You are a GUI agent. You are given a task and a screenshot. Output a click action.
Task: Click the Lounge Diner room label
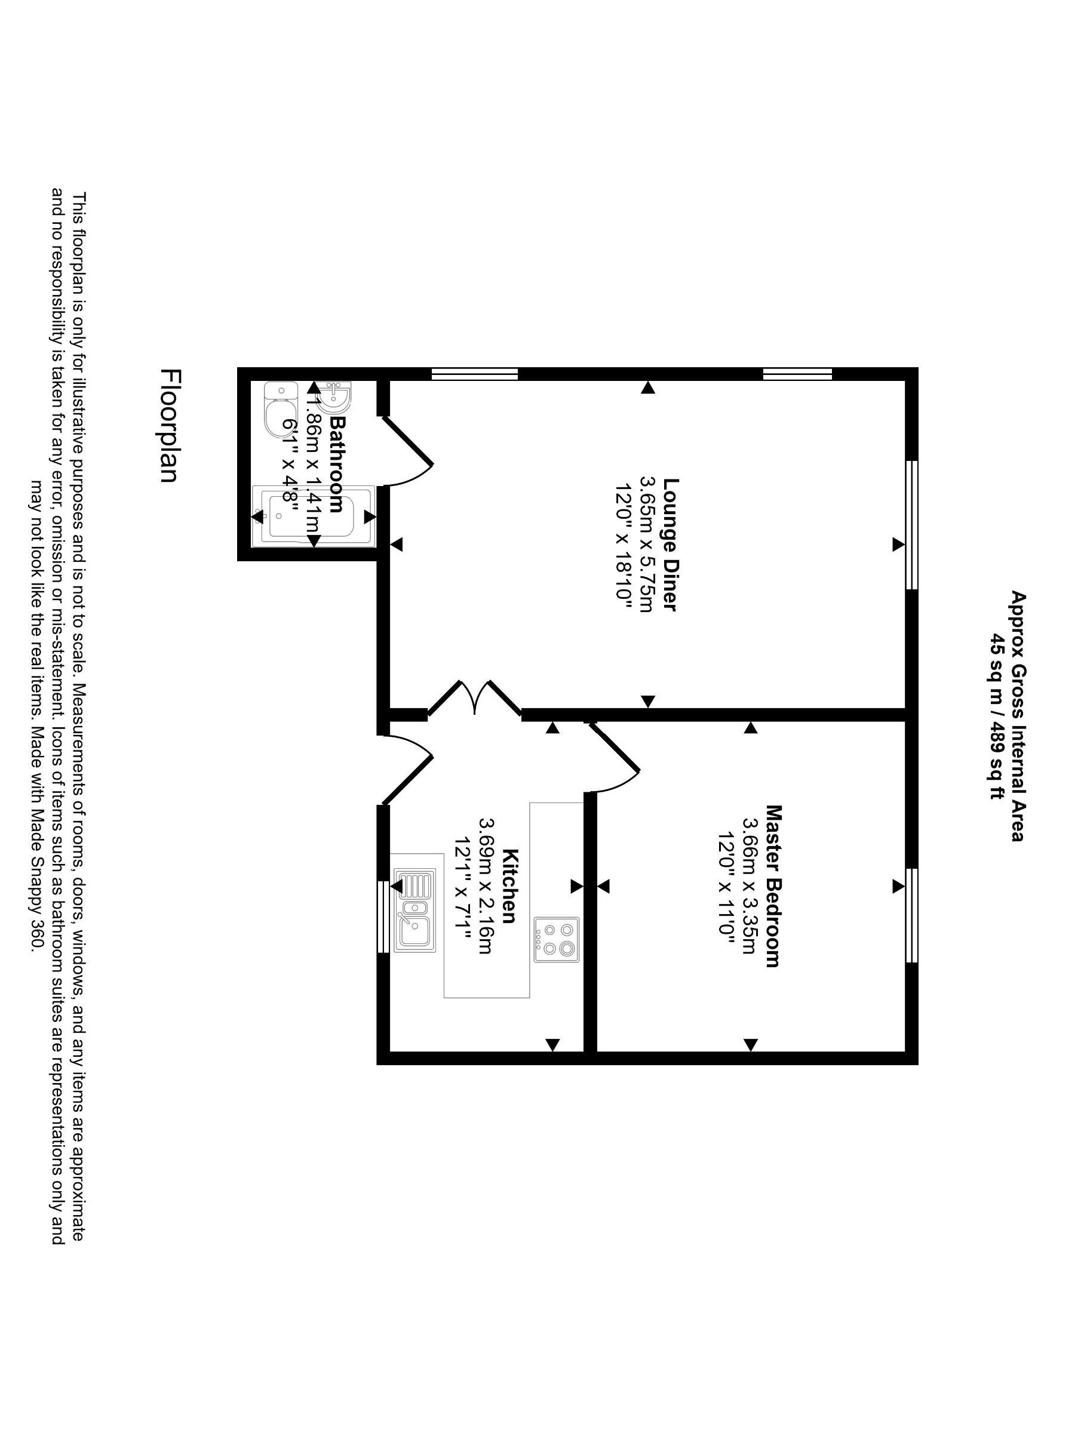671,544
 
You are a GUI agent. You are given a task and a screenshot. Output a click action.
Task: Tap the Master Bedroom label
772,886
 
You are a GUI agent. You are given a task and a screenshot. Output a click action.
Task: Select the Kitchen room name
510,885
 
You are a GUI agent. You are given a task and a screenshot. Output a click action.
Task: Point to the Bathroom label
337,464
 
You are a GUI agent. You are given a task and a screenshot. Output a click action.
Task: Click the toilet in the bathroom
280,410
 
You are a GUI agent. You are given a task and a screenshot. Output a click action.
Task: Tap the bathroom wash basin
337,396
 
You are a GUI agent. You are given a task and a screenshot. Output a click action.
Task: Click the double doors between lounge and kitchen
475,699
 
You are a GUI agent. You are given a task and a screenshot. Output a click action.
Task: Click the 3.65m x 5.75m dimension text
646,544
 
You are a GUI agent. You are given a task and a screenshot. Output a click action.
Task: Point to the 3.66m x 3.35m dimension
748,886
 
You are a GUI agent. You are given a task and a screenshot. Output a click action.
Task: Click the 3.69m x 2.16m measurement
486,885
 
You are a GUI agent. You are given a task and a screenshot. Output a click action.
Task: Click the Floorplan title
169,426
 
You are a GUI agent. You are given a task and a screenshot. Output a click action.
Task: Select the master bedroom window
911,915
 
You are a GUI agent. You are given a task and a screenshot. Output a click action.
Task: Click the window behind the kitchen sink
383,916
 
